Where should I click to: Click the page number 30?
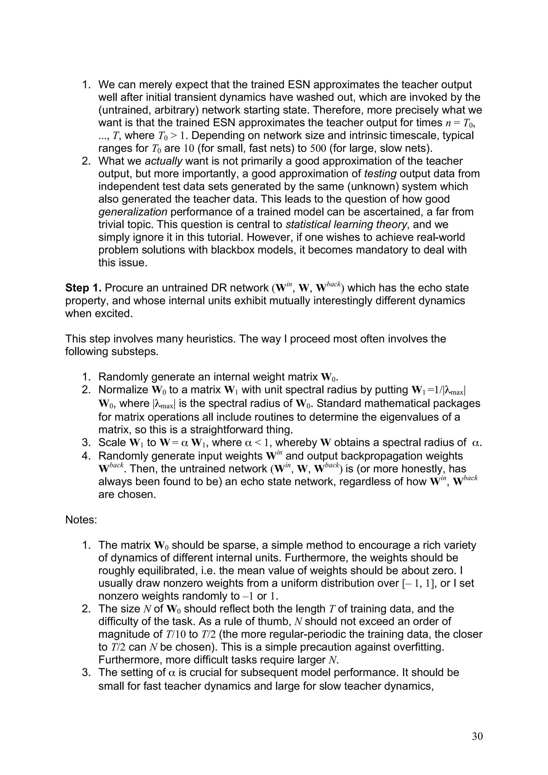477,736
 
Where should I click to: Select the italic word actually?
163,161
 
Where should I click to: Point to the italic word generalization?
133,212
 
